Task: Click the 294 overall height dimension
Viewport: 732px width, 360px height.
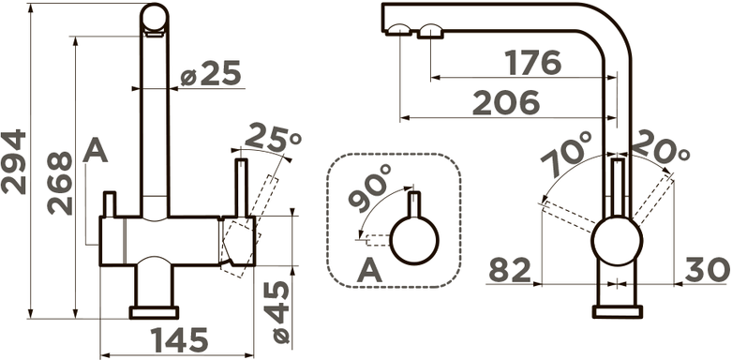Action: [x=13, y=161]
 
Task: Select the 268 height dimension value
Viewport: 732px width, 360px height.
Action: [x=60, y=183]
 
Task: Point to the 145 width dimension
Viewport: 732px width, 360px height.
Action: [x=179, y=339]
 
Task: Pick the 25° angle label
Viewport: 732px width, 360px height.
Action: [x=273, y=136]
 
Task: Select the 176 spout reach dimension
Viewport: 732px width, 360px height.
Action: [x=533, y=63]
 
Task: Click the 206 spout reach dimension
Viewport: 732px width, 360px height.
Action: [x=506, y=103]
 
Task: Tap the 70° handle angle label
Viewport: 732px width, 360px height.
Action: [x=567, y=154]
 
